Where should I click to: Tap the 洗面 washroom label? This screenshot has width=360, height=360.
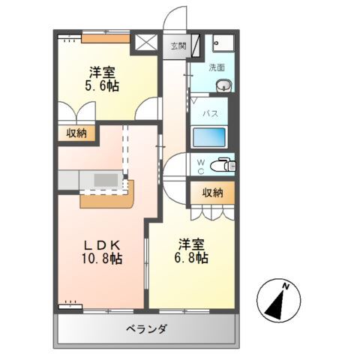pos(217,67)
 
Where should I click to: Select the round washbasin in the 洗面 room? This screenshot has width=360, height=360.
pos(223,87)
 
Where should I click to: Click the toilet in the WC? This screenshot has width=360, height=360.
pos(221,163)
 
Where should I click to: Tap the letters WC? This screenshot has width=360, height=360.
pos(201,165)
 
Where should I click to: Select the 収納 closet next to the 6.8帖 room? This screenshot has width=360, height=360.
pos(212,193)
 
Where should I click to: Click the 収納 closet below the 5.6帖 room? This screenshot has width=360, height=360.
pos(76,133)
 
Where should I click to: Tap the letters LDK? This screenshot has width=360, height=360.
pos(101,245)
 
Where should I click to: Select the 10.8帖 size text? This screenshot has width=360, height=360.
pos(101,259)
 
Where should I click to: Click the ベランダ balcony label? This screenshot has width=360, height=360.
pos(146,328)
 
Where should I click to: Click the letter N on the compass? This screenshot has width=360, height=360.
pos(286,286)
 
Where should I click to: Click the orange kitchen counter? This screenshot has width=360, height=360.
pos(106,196)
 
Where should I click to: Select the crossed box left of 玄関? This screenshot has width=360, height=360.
pos(145,42)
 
